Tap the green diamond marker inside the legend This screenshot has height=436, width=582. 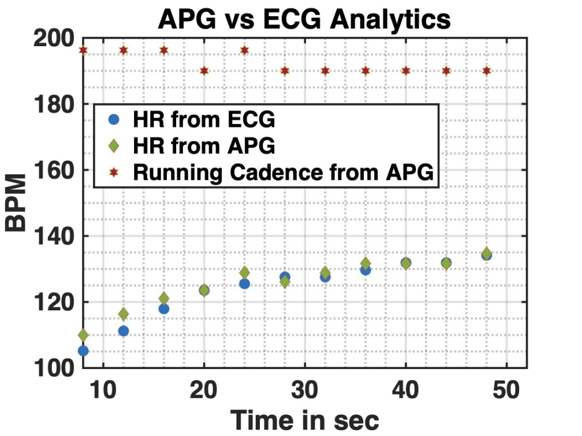[x=114, y=146]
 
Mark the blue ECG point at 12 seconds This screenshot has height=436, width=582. [x=123, y=331]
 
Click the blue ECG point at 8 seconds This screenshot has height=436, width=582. [x=83, y=351]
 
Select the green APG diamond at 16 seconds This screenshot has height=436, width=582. [x=163, y=298]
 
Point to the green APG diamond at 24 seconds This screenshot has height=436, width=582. [x=244, y=272]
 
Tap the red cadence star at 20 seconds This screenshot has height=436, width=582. [x=204, y=70]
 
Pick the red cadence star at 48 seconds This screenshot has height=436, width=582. [x=486, y=70]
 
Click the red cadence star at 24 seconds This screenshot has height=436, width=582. [x=244, y=50]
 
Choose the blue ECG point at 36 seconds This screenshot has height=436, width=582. [x=365, y=269]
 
